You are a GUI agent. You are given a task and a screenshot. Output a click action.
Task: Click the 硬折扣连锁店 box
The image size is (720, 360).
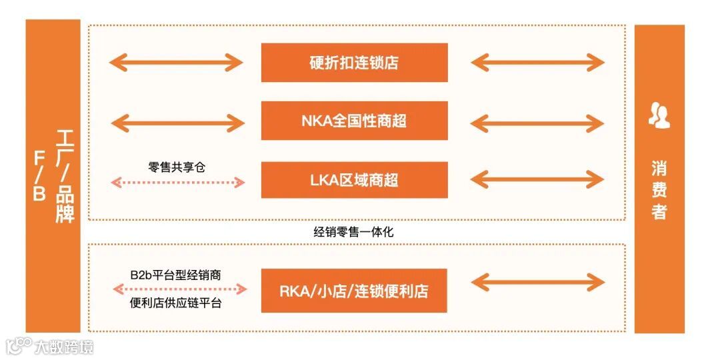(354, 63)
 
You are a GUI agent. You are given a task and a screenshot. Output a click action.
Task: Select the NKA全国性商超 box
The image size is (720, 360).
(354, 121)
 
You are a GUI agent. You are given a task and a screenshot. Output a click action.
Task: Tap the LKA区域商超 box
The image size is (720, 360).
(354, 180)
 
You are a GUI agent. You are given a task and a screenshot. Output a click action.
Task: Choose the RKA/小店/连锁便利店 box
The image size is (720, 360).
(354, 291)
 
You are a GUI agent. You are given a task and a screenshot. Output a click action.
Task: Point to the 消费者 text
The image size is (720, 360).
(659, 190)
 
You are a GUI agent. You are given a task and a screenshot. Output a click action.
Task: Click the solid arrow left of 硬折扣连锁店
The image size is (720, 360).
(177, 63)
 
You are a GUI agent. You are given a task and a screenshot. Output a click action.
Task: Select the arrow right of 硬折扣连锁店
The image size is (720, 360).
(537, 63)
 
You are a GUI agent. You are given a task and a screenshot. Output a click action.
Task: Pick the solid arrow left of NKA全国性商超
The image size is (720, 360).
(177, 122)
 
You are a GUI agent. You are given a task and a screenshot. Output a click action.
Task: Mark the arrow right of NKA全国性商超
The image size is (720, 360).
(537, 122)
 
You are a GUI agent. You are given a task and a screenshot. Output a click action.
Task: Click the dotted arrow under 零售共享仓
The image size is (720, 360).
(177, 181)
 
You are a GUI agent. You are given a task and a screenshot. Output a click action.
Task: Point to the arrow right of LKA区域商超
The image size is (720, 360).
(537, 179)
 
